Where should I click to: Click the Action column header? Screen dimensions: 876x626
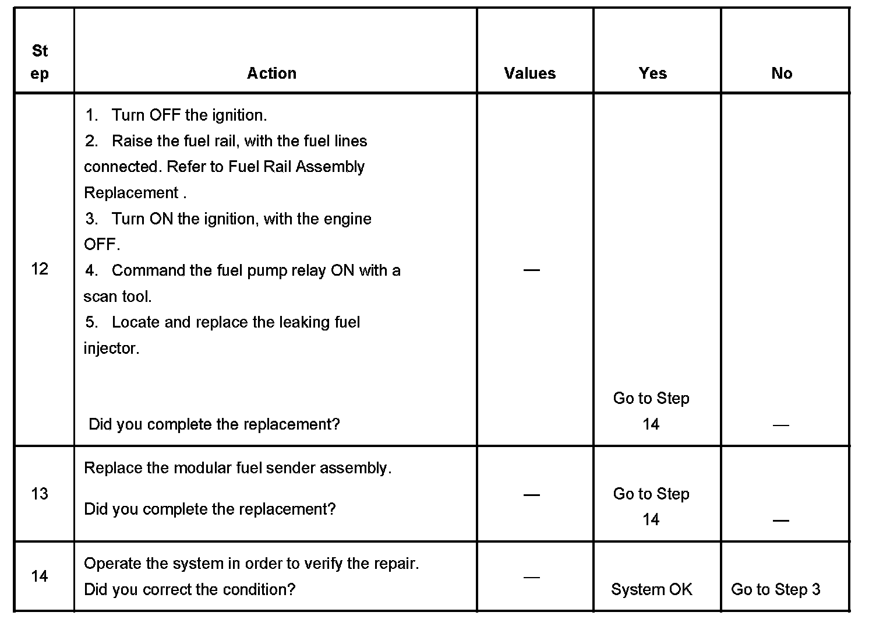point(271,73)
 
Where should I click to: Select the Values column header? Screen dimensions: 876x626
point(529,73)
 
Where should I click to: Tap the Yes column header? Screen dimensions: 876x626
point(652,73)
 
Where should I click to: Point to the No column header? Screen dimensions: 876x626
point(782,73)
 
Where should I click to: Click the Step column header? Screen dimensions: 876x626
point(40,62)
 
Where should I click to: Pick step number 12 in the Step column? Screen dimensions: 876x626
point(40,269)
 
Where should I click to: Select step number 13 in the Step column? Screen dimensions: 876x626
point(40,494)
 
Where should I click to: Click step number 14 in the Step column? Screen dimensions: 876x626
point(40,576)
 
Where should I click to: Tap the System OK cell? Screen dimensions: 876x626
point(652,589)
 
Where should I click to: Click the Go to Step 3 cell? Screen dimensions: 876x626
point(775,589)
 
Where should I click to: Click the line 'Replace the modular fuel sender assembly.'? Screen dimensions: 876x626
point(238,468)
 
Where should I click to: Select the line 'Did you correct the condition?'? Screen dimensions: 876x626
point(190,589)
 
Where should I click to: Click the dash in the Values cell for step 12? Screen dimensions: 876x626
point(531,269)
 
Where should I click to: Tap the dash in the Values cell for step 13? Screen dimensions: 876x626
point(531,495)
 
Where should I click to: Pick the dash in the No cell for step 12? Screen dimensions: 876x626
point(780,425)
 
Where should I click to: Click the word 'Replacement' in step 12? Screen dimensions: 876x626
point(131,193)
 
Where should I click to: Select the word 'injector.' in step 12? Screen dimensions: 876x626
point(111,349)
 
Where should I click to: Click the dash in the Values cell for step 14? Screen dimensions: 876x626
point(531,577)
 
